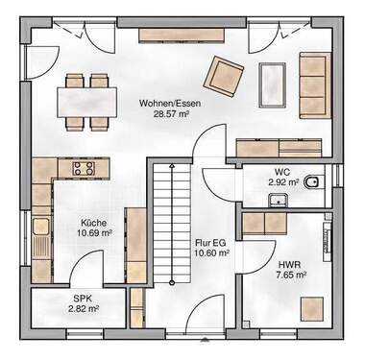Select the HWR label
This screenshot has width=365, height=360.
[x=288, y=262]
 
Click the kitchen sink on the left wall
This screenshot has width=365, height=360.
[x=40, y=228]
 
